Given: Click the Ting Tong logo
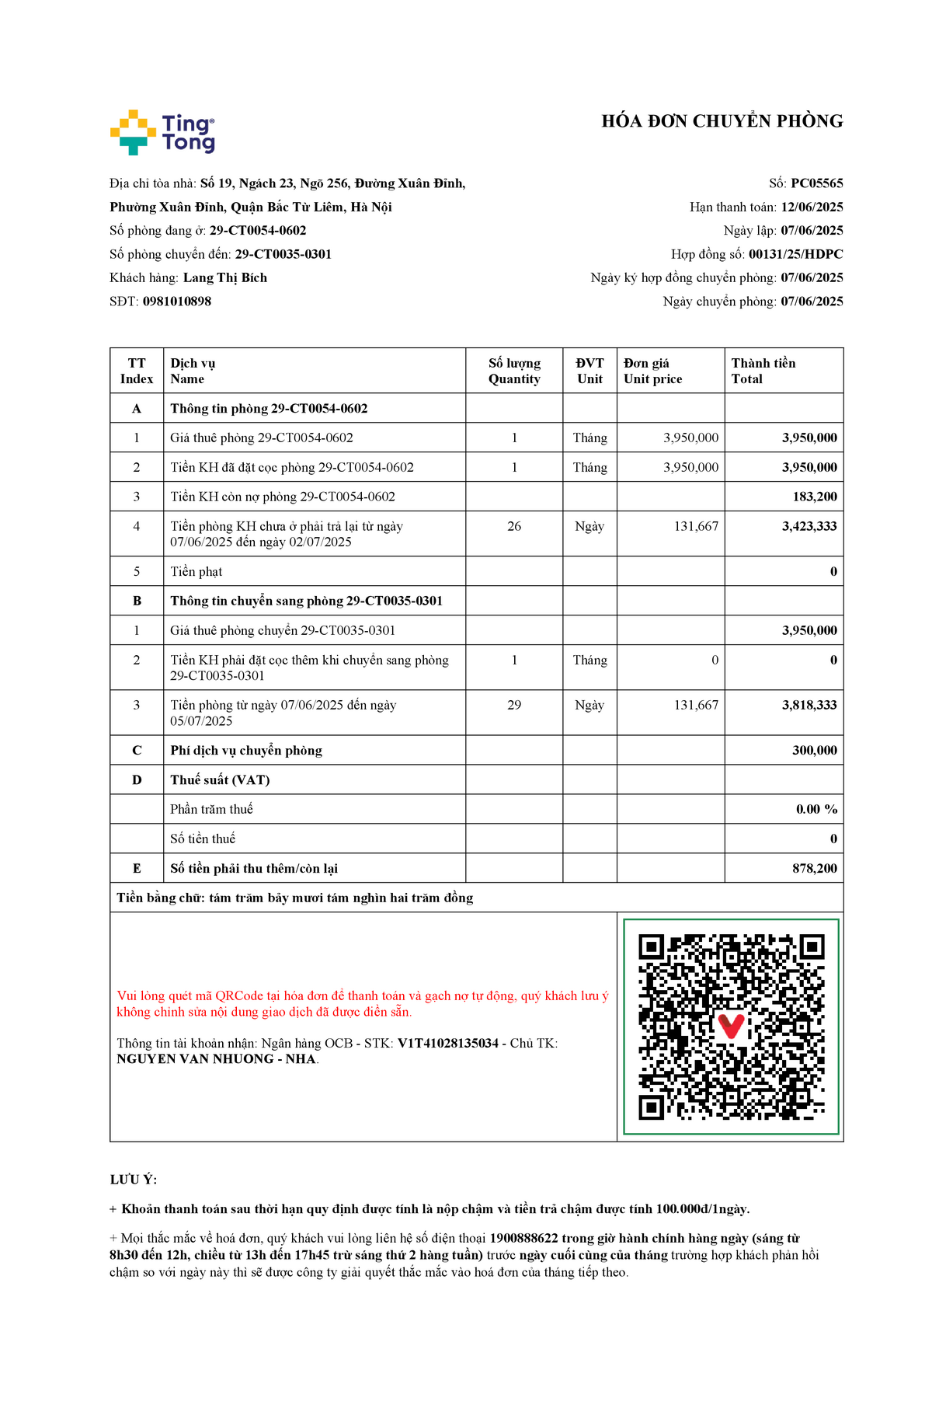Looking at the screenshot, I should click(162, 132).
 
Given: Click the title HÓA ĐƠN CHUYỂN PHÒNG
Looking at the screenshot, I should click(722, 121).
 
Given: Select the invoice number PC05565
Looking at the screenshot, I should click(816, 183).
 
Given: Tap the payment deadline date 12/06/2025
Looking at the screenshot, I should click(812, 207).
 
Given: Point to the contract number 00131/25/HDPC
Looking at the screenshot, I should click(795, 254).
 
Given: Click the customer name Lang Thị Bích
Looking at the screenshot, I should click(225, 277).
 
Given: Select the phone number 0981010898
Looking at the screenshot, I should click(177, 302).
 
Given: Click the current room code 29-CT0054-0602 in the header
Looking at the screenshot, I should click(258, 231).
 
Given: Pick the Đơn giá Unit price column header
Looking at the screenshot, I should click(652, 371).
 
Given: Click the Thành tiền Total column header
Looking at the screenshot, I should click(763, 371).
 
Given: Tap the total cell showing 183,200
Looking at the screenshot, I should click(815, 497).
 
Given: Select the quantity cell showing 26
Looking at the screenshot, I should click(514, 526).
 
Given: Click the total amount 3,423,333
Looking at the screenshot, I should click(809, 526).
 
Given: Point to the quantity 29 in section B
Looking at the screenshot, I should click(514, 705).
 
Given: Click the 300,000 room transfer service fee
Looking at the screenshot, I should click(815, 750).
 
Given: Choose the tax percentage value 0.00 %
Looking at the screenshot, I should click(816, 809).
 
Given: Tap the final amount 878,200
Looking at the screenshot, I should click(815, 868).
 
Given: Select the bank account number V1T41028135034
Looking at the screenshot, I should click(448, 1043).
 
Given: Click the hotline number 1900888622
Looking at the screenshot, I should click(523, 1238).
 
